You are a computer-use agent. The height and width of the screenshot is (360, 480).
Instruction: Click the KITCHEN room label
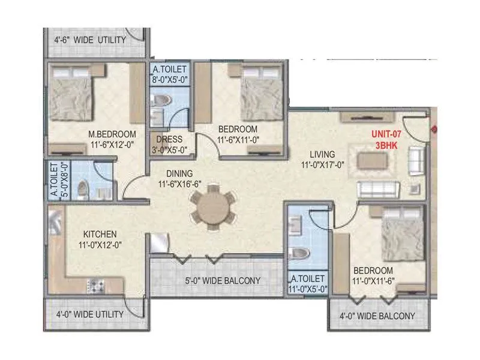tap(100, 233)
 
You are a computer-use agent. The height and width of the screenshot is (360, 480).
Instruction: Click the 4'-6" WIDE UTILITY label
tap(90, 40)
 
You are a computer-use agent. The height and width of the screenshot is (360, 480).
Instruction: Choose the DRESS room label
tap(169, 139)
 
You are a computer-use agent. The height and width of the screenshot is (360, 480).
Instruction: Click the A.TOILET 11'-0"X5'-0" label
tap(308, 284)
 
